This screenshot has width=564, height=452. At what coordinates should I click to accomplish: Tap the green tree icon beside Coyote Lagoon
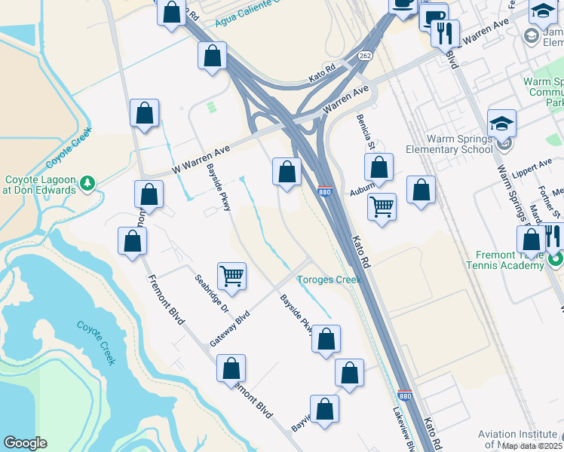[87, 182]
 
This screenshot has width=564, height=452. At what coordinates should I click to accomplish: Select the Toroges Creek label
[328, 279]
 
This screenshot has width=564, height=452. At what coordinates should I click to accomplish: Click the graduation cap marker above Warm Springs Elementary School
[501, 122]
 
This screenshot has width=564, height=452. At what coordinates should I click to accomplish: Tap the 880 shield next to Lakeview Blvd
[404, 395]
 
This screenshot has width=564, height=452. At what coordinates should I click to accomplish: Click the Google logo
[25, 443]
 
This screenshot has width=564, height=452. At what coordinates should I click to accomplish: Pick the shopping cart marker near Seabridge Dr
[231, 275]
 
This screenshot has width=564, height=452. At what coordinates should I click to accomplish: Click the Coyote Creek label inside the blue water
[96, 342]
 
